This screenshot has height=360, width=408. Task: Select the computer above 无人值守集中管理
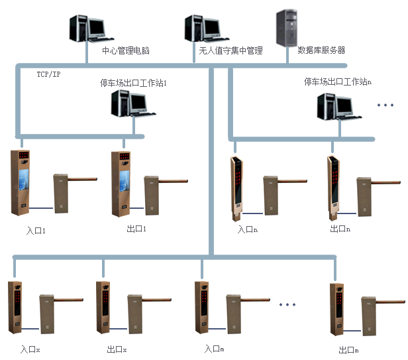(x=202, y=29)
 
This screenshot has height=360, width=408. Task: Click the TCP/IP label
(x=48, y=74)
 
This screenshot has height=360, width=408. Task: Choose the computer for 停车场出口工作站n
(x=336, y=106)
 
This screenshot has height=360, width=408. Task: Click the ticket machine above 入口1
(x=22, y=182)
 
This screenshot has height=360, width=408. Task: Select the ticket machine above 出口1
(x=122, y=182)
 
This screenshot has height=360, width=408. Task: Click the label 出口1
(x=136, y=229)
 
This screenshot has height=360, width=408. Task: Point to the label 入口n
(x=248, y=229)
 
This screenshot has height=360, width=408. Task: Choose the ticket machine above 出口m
(x=337, y=308)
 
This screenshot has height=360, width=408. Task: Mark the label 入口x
(x=30, y=349)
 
